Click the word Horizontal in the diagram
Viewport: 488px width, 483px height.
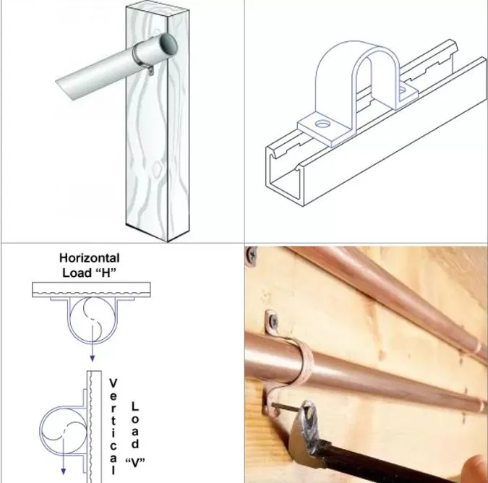[x=90, y=258]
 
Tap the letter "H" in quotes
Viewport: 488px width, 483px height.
[x=106, y=273]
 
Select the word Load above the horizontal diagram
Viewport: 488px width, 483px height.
[x=77, y=273]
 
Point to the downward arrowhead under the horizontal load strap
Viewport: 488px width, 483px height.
[x=92, y=358]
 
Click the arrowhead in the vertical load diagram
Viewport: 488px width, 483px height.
[x=63, y=471]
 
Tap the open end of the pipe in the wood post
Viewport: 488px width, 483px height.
[x=168, y=45]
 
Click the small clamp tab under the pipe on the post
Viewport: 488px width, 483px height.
[x=151, y=72]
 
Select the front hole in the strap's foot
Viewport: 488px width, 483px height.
[x=322, y=124]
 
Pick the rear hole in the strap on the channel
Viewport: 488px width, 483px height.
[x=403, y=90]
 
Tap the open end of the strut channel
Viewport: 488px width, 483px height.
[x=284, y=174]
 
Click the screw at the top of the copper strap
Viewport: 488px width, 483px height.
[x=273, y=320]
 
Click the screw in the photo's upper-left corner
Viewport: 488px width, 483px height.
[x=251, y=256]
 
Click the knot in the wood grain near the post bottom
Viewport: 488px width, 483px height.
[x=157, y=168]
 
